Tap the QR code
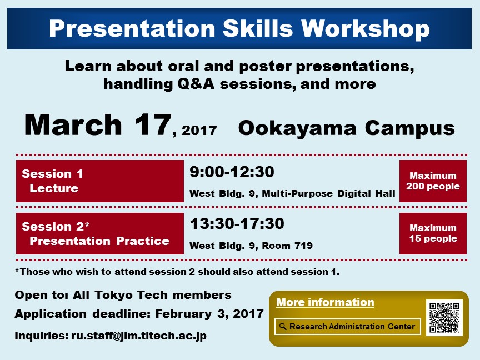(x=444, y=318)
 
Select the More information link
(x=325, y=302)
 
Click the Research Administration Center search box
(x=348, y=327)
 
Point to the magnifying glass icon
(x=283, y=327)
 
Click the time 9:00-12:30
(x=232, y=172)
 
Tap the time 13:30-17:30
(x=237, y=223)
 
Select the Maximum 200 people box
(x=433, y=181)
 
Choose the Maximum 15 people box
(x=433, y=233)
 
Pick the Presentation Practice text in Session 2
(x=99, y=241)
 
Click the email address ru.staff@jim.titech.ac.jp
(x=139, y=336)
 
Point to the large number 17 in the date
(x=152, y=124)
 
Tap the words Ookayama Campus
(x=347, y=128)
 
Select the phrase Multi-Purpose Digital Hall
(x=328, y=193)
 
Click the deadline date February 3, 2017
(x=209, y=314)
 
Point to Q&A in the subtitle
(x=196, y=84)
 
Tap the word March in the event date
(x=73, y=124)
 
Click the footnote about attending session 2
(x=177, y=272)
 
